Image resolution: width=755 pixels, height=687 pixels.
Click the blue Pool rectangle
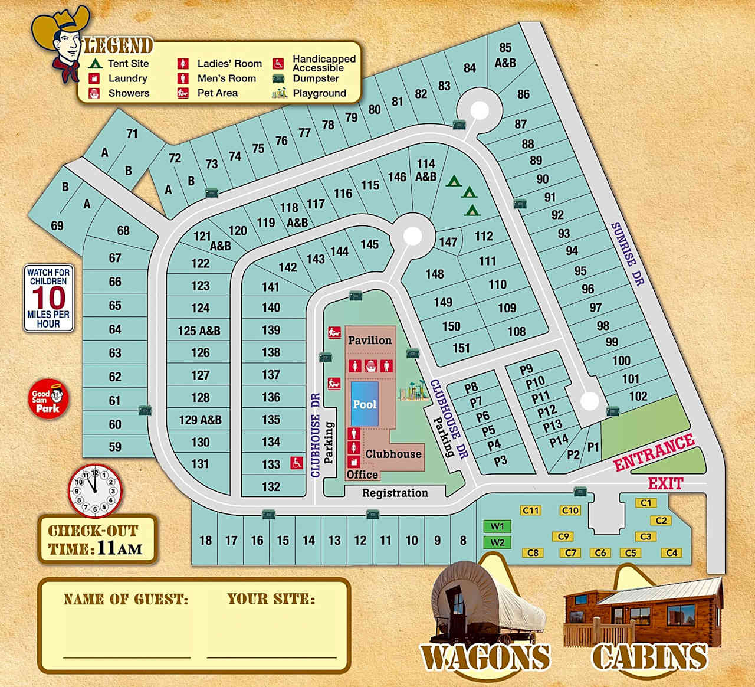click(364, 404)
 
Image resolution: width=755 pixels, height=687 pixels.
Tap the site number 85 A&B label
click(505, 55)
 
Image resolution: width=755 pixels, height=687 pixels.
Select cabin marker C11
click(531, 511)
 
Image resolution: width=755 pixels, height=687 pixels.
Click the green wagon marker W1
click(497, 526)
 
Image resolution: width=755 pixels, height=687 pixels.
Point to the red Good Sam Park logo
click(50, 400)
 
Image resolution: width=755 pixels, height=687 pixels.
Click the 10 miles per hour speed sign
click(48, 298)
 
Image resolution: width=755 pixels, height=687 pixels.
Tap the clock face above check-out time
click(94, 490)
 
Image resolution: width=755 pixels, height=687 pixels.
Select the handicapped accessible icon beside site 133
click(296, 463)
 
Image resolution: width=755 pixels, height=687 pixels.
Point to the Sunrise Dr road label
click(626, 254)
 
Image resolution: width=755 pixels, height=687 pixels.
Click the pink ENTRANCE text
click(654, 453)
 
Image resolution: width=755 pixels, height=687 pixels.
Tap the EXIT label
click(665, 484)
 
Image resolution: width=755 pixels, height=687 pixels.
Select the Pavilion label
click(370, 341)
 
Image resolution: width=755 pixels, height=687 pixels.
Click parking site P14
click(558, 440)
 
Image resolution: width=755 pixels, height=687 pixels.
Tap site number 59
click(115, 447)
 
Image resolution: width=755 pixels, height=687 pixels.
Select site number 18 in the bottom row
click(205, 540)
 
